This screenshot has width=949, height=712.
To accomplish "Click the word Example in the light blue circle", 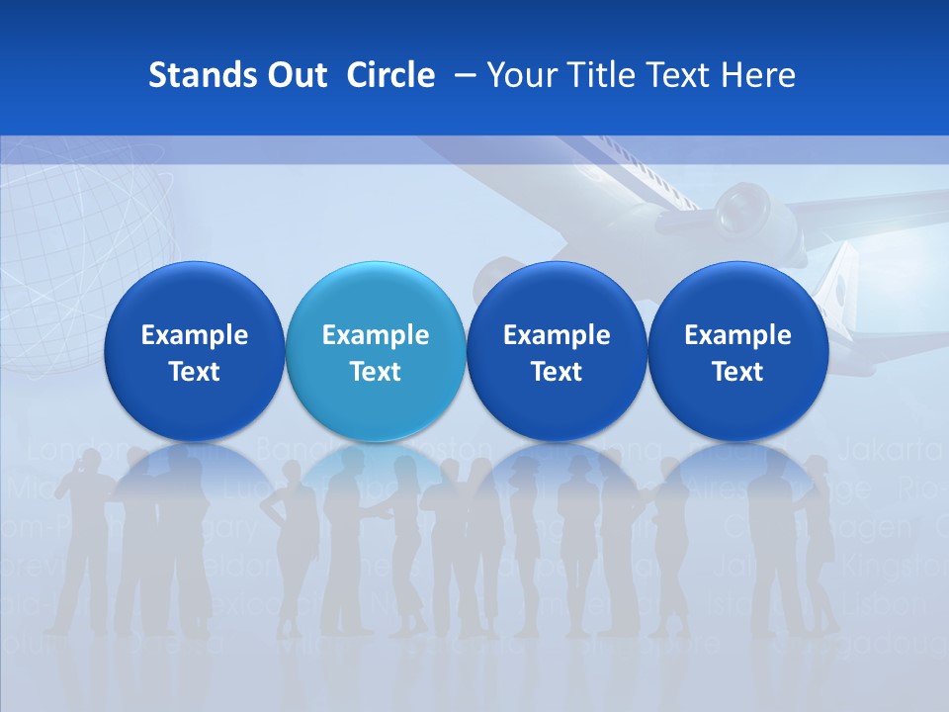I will (x=376, y=335).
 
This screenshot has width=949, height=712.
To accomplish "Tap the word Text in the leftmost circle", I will (x=195, y=372).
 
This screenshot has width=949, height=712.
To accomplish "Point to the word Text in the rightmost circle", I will (x=737, y=372).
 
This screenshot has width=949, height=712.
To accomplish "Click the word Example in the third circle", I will (x=557, y=335).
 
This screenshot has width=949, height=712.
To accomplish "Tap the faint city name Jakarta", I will (x=890, y=452).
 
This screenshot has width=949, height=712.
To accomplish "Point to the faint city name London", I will (x=65, y=452).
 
